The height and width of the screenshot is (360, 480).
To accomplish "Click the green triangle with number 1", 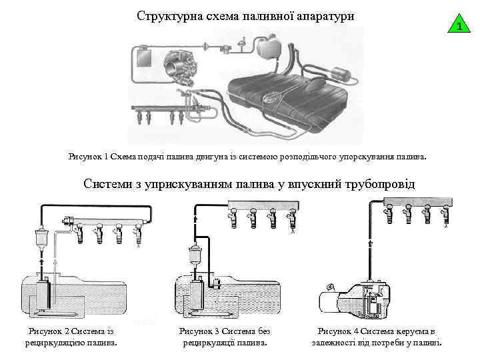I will click(457, 26).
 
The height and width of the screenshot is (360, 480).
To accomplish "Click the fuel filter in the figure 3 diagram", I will click(195, 256).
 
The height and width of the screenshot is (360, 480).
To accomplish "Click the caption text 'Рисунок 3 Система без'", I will click(224, 331).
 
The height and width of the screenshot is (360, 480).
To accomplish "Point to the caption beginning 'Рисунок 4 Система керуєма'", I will click(377, 331).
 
